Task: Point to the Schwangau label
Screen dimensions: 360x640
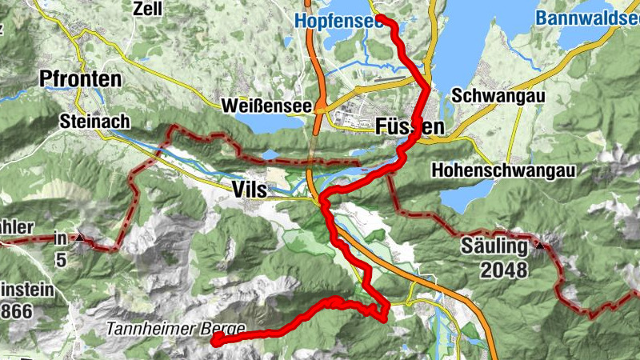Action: click(498, 95)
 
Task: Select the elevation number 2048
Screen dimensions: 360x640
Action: click(504, 270)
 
